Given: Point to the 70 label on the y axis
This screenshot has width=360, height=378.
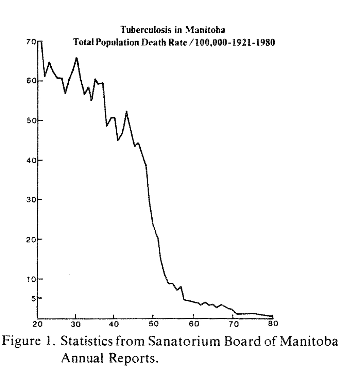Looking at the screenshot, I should (x=31, y=42).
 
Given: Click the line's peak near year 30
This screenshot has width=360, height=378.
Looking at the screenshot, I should (x=76, y=58).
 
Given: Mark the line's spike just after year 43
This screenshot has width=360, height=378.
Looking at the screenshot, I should (x=126, y=111).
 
